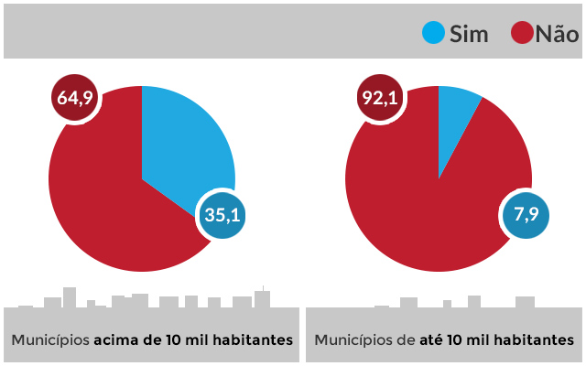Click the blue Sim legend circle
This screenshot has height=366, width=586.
point(433,34)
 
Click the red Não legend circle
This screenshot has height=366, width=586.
point(521,34)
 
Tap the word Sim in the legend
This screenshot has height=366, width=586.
point(469,35)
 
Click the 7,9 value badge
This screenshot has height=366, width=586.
point(526,216)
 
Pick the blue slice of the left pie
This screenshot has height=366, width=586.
point(183,146)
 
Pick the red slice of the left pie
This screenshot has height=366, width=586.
point(101,201)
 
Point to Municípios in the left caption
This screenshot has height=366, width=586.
point(49,339)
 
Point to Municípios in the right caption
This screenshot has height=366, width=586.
point(353,339)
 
